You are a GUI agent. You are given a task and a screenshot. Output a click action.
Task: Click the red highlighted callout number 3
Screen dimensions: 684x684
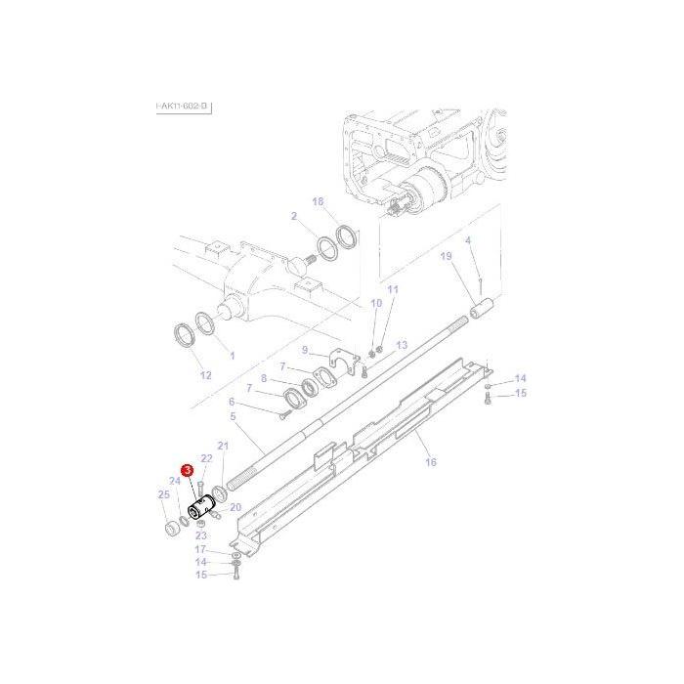tap(186, 472)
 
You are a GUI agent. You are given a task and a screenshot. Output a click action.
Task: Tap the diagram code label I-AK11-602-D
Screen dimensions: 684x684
tap(183, 106)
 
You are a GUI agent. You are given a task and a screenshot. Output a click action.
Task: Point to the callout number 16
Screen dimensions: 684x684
tap(431, 462)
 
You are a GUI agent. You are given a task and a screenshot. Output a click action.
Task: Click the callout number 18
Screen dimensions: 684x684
tap(318, 201)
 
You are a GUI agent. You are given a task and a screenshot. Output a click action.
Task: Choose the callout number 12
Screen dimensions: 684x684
tap(205, 375)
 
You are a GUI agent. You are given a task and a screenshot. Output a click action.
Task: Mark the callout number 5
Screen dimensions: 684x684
tap(233, 416)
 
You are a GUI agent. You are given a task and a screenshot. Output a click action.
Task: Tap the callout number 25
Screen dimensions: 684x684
tap(163, 495)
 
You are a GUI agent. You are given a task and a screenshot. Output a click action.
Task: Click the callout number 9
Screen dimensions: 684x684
tap(304, 350)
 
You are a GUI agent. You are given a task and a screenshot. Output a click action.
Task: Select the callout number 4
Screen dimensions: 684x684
tap(468, 240)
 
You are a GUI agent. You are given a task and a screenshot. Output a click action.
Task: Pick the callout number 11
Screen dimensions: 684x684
tap(393, 290)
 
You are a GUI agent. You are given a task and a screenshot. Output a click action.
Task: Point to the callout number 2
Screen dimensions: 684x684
tap(293, 216)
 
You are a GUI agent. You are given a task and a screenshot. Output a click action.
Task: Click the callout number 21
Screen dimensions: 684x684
tap(223, 446)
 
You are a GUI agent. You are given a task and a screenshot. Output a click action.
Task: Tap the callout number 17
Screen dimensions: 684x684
tap(199, 549)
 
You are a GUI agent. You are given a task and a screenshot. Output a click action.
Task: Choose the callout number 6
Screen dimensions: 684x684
tap(232, 402)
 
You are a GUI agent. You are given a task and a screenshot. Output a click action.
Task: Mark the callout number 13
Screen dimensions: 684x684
tap(402, 346)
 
